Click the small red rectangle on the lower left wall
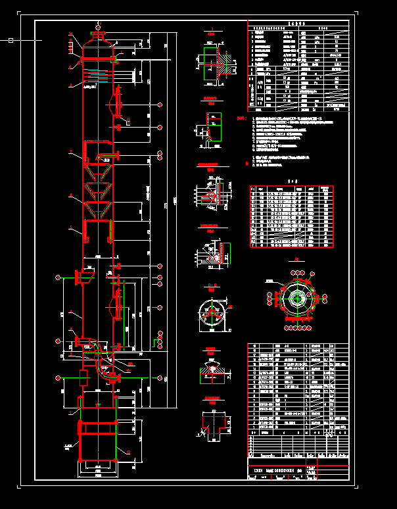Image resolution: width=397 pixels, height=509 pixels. [x=83, y=377]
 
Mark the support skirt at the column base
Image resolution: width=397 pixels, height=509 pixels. [x=98, y=441]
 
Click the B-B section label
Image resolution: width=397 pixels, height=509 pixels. [x=211, y=285]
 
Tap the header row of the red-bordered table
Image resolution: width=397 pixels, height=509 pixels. [x=291, y=188]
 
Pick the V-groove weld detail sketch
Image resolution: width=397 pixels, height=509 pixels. [x=212, y=373]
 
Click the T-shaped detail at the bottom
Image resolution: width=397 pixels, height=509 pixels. [x=212, y=421]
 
